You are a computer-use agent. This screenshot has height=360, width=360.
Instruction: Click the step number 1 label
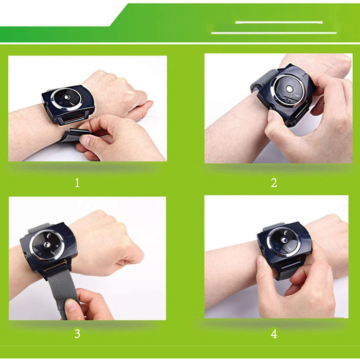[77, 183]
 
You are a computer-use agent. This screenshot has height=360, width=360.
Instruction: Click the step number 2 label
[274, 183]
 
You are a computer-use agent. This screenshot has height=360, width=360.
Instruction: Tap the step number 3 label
[77, 333]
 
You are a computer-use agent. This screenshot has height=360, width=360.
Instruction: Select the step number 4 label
[274, 334]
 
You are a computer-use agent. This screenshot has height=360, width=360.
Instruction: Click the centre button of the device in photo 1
[67, 97]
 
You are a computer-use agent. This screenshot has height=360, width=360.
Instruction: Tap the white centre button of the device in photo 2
[290, 89]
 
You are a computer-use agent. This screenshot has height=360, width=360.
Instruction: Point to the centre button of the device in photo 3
[47, 244]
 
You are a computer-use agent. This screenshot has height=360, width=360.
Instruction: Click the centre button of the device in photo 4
[285, 240]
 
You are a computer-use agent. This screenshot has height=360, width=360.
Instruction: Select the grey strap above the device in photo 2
[263, 80]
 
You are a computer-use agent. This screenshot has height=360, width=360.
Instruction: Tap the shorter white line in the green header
[279, 22]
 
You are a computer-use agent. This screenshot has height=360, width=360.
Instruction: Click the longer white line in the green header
[274, 33]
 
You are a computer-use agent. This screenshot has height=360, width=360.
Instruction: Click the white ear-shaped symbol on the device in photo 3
[48, 235]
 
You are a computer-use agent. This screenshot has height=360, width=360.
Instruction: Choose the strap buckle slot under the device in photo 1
[73, 119]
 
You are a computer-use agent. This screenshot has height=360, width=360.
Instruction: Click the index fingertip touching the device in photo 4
[261, 261]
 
